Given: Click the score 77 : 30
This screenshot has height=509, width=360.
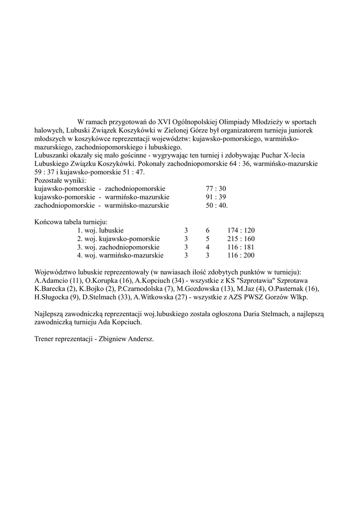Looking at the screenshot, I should coord(216,189).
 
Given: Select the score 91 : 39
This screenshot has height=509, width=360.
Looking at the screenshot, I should coord(216,197).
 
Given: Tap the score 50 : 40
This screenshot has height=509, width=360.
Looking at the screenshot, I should coord(217,205).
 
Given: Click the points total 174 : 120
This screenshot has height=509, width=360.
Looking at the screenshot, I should coord(241,231).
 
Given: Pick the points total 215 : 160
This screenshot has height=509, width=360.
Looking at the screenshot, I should coord(241,239).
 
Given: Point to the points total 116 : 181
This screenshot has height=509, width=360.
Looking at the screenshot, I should coord(241,247).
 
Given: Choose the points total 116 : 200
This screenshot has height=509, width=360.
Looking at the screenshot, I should coord(241,255).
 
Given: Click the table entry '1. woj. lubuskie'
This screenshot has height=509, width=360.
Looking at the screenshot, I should coord(100,231).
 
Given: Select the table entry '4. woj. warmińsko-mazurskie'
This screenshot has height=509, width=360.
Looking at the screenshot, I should coord(120,255).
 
